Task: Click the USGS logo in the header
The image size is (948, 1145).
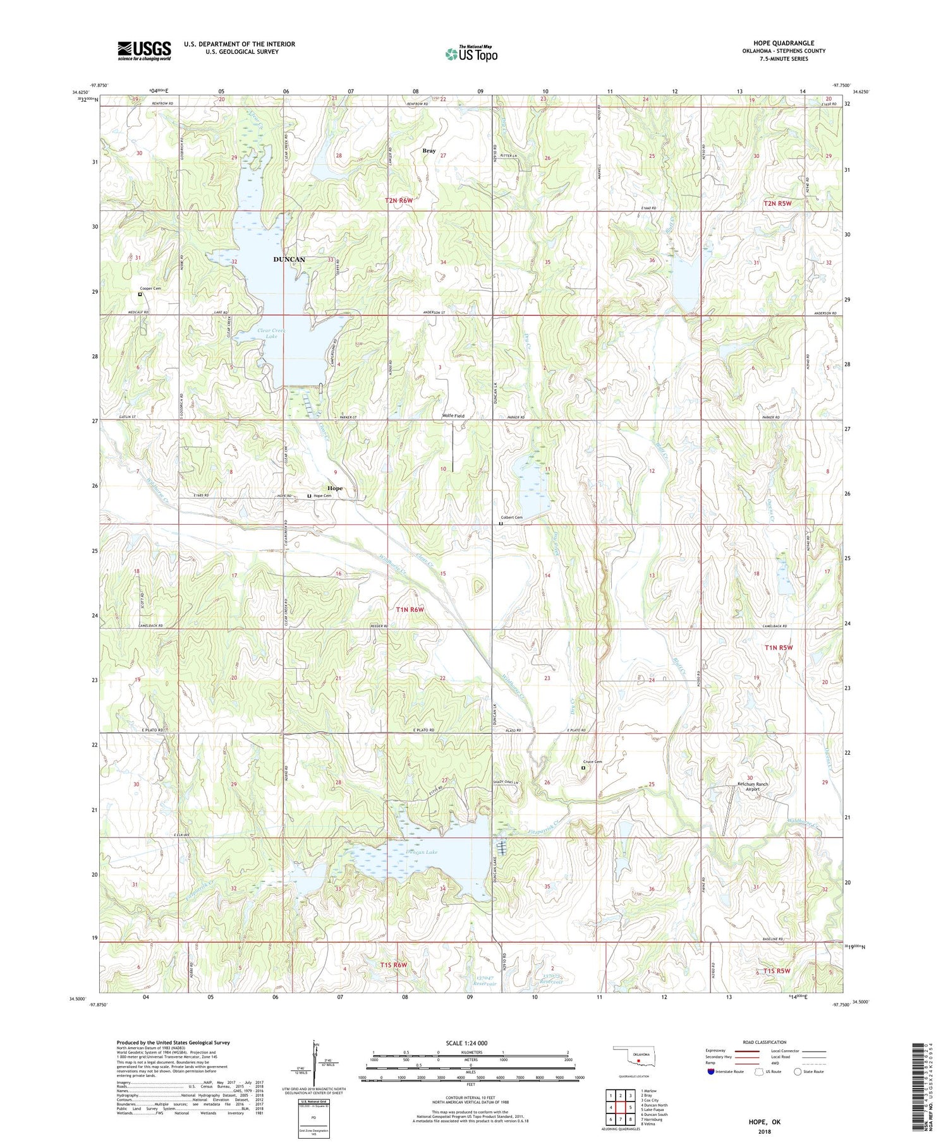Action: pos(144,51)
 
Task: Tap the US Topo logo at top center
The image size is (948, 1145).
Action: pos(471,54)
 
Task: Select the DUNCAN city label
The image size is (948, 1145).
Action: pos(289,260)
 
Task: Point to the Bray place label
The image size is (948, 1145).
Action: pos(429,151)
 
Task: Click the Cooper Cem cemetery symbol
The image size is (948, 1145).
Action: pos(140,294)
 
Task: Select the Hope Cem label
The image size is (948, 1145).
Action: pos(322,496)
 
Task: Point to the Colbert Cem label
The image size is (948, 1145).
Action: pos(512,517)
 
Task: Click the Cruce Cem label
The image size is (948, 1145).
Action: pos(592,762)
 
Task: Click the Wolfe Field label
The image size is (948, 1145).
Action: pos(453,416)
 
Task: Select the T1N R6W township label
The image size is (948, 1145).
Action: pos(409,609)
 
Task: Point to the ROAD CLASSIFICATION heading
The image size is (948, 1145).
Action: pos(765,1042)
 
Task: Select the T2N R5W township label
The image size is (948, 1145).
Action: pos(777,204)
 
